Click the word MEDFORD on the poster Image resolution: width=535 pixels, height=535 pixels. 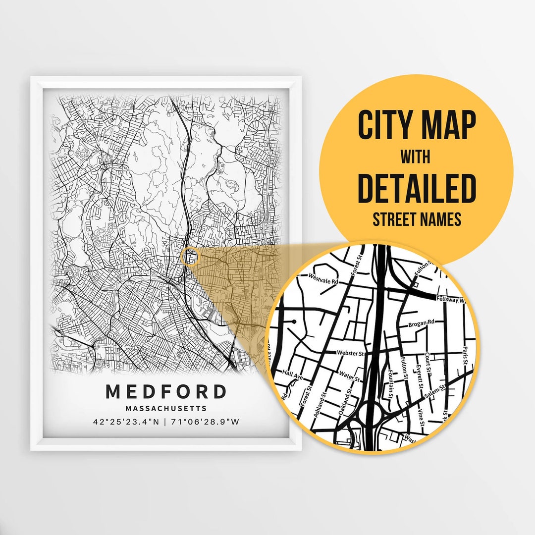(166, 391)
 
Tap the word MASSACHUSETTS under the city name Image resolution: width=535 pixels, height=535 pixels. (166, 409)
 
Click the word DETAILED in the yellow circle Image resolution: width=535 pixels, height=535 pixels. (416, 188)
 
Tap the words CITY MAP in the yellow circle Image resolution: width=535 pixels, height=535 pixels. (416, 126)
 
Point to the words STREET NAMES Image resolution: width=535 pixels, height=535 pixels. (416, 219)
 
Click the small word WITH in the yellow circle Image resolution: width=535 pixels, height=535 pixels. (416, 158)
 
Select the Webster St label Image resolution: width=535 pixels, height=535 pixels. (350, 353)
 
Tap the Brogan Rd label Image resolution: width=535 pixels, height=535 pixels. (421, 324)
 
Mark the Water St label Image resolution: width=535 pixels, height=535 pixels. (349, 376)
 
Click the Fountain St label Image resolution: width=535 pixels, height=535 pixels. (391, 384)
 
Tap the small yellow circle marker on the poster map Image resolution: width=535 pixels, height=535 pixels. (190, 257)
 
